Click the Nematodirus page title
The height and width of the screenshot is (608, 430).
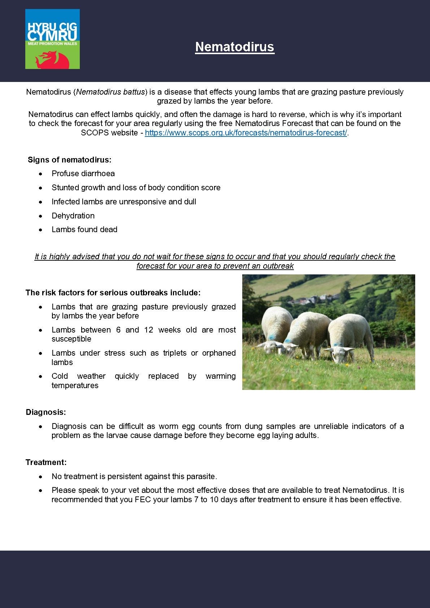(x=235, y=47)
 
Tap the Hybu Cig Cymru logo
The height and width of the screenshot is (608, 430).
(x=52, y=39)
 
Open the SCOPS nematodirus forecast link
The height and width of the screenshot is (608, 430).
(x=246, y=133)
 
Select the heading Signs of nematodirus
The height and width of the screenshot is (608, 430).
(x=70, y=160)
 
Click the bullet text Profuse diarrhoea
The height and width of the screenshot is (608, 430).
(x=83, y=174)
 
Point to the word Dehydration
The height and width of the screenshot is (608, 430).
(x=73, y=216)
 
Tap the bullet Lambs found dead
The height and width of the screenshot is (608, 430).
(x=84, y=230)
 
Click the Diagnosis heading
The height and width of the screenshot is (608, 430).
(x=46, y=412)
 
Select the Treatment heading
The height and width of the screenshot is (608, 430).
(x=46, y=462)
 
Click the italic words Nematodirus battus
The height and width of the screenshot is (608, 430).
(x=110, y=92)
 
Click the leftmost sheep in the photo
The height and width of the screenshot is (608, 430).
(x=276, y=329)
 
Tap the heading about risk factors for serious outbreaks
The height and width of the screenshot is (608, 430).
(x=113, y=293)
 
